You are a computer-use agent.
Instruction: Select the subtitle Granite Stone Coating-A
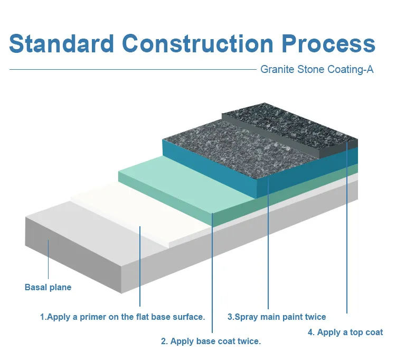click(317, 69)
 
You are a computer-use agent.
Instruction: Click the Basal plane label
click(48, 288)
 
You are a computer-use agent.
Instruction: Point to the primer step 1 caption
click(122, 317)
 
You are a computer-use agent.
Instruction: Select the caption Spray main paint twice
click(277, 317)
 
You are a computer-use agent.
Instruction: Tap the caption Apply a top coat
click(345, 333)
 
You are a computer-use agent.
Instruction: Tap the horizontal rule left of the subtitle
click(132, 69)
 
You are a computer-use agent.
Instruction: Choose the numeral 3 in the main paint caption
click(230, 317)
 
